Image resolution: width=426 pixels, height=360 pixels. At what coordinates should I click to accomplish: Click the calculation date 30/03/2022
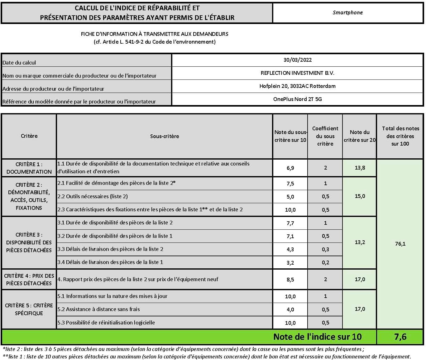(x=297, y=60)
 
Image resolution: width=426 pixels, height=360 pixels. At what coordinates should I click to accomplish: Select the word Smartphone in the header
(x=347, y=13)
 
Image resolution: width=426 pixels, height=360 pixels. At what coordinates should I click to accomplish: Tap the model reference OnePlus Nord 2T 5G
(x=297, y=99)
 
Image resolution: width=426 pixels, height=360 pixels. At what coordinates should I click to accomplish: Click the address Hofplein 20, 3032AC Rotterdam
(x=297, y=86)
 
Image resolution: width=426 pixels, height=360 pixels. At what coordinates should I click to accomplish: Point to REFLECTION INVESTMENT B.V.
(x=297, y=73)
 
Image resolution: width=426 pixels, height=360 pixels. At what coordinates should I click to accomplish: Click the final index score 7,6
(x=400, y=337)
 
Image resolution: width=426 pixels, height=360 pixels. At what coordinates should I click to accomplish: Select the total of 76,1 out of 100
(x=400, y=244)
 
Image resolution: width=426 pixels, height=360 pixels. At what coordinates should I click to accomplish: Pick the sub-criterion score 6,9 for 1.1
(x=290, y=168)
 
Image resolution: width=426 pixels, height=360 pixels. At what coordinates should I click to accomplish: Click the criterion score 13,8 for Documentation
(x=360, y=168)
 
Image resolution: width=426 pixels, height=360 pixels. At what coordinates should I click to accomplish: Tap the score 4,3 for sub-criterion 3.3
(x=290, y=249)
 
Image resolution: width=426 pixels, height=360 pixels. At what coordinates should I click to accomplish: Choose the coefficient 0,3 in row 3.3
(x=325, y=249)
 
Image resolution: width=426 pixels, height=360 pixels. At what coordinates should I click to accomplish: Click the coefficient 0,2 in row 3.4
(x=325, y=262)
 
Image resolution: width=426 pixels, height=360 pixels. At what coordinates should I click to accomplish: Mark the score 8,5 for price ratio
(x=290, y=280)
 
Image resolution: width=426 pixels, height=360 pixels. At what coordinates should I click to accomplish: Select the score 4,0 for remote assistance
(x=290, y=310)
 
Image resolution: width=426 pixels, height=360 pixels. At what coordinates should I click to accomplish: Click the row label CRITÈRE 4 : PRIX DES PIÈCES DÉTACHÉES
(x=29, y=279)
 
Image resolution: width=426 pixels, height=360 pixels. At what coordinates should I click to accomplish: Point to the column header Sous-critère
(x=165, y=136)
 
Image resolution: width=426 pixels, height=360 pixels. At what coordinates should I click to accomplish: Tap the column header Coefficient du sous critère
(x=325, y=136)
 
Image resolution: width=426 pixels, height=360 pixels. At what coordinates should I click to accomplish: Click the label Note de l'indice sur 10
(x=317, y=337)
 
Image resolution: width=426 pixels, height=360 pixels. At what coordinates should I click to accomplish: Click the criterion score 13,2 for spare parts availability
(x=360, y=242)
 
